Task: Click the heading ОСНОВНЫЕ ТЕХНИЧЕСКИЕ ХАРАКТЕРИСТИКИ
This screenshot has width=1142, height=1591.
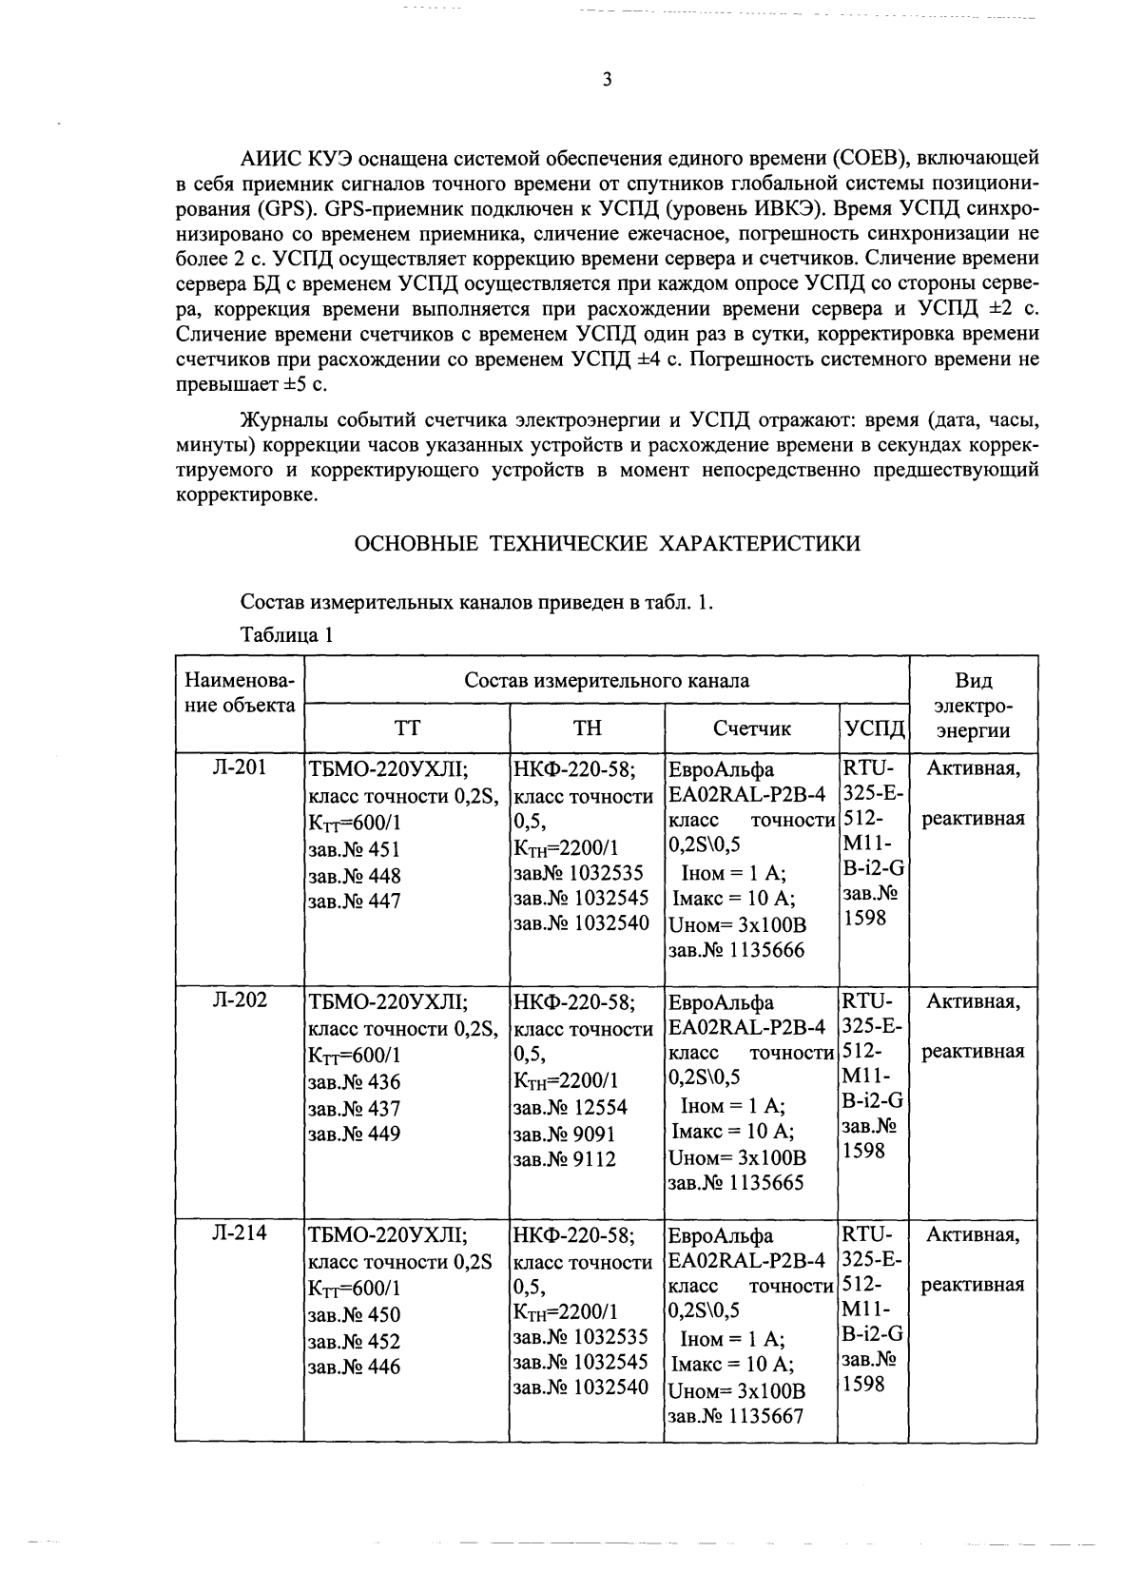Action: pyautogui.click(x=608, y=544)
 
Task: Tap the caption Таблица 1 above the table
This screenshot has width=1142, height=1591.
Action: pyautogui.click(x=286, y=635)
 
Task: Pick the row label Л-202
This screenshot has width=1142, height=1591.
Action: pyautogui.click(x=239, y=1000)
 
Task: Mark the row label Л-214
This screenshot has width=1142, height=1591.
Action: pyautogui.click(x=239, y=1233)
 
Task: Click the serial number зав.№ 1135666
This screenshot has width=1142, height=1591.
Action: pyautogui.click(x=736, y=950)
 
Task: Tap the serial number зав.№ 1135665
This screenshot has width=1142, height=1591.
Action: pyautogui.click(x=736, y=1183)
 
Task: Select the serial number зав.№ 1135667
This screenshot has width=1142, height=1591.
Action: pyautogui.click(x=736, y=1416)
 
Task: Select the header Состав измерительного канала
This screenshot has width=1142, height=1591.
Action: pyautogui.click(x=607, y=680)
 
